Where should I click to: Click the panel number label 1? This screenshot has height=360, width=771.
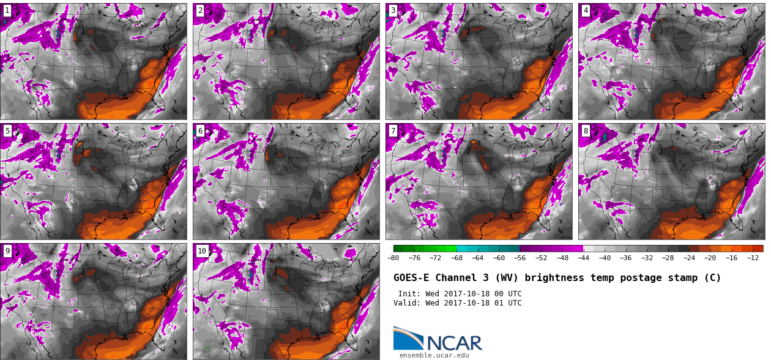[7, 10]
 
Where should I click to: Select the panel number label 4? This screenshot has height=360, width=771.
[586, 10]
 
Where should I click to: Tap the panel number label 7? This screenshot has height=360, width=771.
[393, 130]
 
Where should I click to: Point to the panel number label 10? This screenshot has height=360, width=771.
[202, 251]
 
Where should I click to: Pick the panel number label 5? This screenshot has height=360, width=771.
[7, 130]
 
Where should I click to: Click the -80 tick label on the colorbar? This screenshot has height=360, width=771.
[393, 258]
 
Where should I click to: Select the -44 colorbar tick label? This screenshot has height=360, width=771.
[583, 258]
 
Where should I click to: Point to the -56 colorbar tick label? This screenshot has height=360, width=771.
[520, 258]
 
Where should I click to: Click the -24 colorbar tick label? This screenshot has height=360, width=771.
[689, 258]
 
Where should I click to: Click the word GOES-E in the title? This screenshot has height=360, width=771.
[411, 278]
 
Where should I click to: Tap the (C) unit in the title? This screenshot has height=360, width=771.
[712, 278]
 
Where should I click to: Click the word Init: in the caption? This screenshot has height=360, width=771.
[409, 294]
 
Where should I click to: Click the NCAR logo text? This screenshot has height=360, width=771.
[454, 343]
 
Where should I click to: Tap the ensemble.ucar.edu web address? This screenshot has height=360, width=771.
[434, 355]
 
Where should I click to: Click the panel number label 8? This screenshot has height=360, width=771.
[586, 130]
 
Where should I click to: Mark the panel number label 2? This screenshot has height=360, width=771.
[200, 10]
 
